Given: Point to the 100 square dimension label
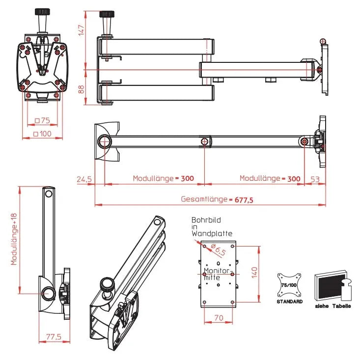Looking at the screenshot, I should coord(42,134).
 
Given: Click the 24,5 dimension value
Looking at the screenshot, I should coord(84,179).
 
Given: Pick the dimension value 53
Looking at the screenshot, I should coord(314,179).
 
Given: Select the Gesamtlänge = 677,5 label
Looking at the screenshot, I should coord(213,200).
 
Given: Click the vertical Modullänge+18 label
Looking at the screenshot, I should coord(14,239).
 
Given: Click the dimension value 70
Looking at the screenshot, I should coord(219,318).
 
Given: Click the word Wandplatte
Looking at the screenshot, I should coord(212,234).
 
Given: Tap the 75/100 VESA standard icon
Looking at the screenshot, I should coord(289,285).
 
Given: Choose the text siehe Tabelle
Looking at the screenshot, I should coord(333,306).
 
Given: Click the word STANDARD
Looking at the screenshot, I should coord(289,302).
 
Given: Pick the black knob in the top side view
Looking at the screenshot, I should coord(106,14).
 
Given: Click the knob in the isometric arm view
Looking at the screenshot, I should coord(107,283).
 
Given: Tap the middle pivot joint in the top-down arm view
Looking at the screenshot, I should coord(204,142).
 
